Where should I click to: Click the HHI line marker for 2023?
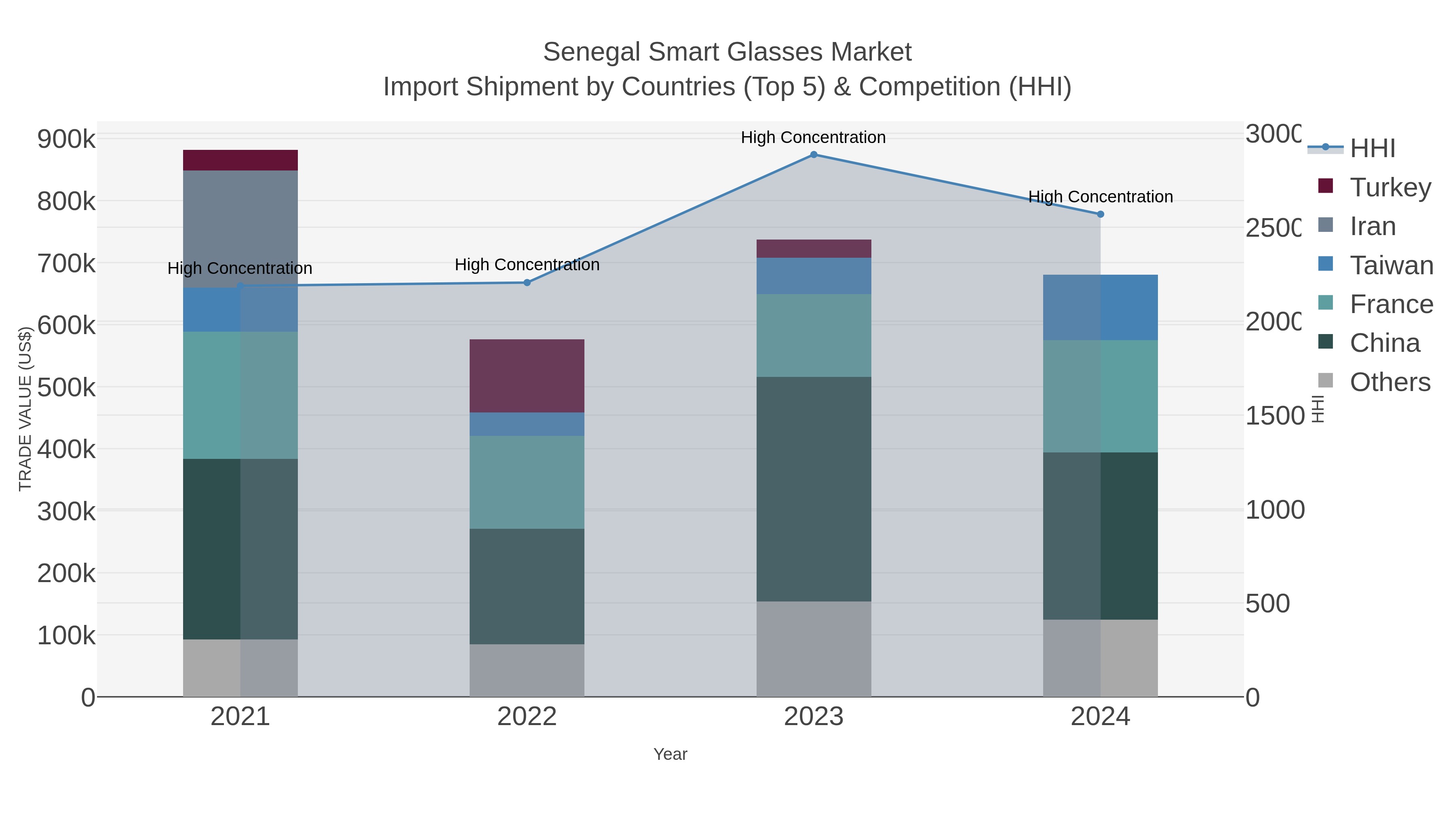click(x=813, y=155)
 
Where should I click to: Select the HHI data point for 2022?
click(x=527, y=282)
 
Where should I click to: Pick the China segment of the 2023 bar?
click(x=813, y=488)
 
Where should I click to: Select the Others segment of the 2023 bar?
click(x=813, y=649)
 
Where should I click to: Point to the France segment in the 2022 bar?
click(x=527, y=482)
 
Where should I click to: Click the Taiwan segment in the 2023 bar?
click(x=813, y=275)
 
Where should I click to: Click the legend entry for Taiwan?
click(x=1391, y=265)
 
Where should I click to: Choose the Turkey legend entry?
click(x=1390, y=187)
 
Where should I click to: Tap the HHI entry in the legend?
click(x=1372, y=149)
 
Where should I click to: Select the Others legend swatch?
click(x=1325, y=381)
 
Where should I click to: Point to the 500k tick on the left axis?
click(x=66, y=388)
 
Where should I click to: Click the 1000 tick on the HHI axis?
click(x=1275, y=510)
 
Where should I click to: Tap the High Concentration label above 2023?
click(x=813, y=137)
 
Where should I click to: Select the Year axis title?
click(x=670, y=754)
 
